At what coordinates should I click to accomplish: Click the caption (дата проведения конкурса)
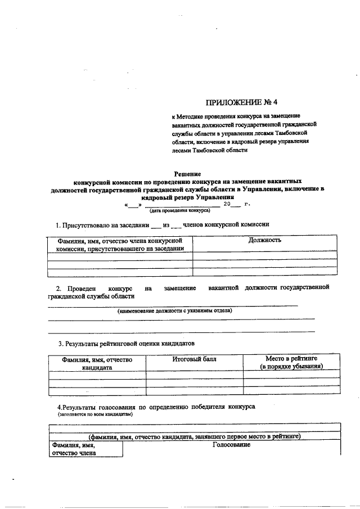(175, 211)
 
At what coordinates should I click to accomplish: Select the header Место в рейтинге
(291, 358)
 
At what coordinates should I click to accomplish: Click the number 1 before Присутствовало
(58, 224)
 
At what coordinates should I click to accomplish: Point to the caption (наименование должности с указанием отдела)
(174, 310)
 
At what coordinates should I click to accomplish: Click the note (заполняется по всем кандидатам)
(95, 413)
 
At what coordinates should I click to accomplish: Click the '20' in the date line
(227, 204)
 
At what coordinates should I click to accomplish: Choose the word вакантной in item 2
(223, 288)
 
